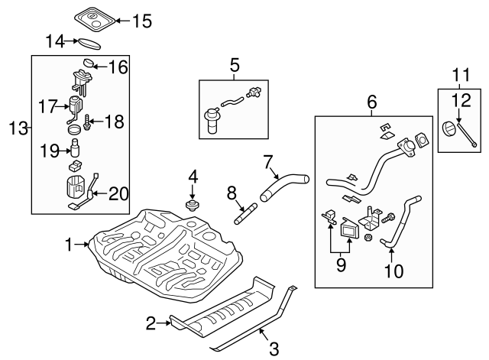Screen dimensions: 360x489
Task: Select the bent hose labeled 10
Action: pos(400,222)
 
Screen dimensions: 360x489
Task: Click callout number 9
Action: pos(341,264)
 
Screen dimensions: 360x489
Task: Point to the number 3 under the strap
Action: pos(273,349)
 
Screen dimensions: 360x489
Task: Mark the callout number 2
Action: pos(151,323)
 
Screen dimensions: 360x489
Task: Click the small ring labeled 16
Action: pos(89,62)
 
